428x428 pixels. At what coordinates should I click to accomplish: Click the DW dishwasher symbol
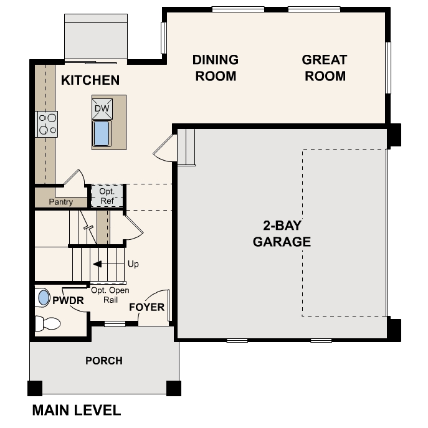pos(102,109)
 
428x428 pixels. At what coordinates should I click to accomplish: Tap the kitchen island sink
pos(102,134)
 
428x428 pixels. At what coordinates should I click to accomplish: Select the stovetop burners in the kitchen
pos(47,123)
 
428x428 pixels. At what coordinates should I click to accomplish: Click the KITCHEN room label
pos(90,80)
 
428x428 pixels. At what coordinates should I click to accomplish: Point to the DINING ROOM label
pos(214,68)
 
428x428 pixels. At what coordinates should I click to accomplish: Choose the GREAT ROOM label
pos(324,68)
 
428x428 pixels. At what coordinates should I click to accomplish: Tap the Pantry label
pos(61,202)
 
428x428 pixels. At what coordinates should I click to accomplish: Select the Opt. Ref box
pos(107,196)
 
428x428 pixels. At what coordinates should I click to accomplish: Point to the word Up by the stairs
pos(133,264)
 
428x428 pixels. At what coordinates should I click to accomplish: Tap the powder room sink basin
pos(44,297)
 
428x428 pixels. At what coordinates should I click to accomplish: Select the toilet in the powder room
pos(47,323)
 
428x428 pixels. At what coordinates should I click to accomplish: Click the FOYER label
pos(147,307)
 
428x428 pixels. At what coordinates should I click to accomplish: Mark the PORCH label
pos(104,361)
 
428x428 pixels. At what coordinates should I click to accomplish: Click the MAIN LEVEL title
pos(76,410)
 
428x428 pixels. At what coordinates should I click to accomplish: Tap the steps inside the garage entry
pos(187,146)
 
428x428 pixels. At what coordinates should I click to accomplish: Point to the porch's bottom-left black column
pos(36,388)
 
